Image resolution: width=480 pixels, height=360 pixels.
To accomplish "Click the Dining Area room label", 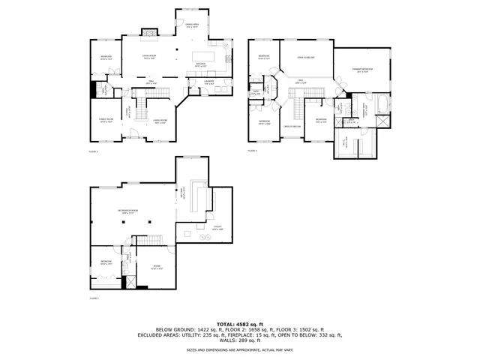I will coord(192,25).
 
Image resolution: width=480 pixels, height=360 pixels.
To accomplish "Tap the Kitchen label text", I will coord(201,64).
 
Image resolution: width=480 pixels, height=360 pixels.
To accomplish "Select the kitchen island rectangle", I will coord(203,56).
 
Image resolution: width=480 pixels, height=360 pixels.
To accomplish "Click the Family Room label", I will coord(106,120).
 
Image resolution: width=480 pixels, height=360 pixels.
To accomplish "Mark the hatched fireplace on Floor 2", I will coord(149,32).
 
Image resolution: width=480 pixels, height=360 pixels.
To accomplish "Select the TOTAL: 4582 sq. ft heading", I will coord(240,322).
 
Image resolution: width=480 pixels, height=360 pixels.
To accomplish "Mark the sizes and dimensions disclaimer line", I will coord(240,349).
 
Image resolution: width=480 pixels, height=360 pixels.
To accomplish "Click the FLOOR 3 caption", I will coord(253,151).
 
